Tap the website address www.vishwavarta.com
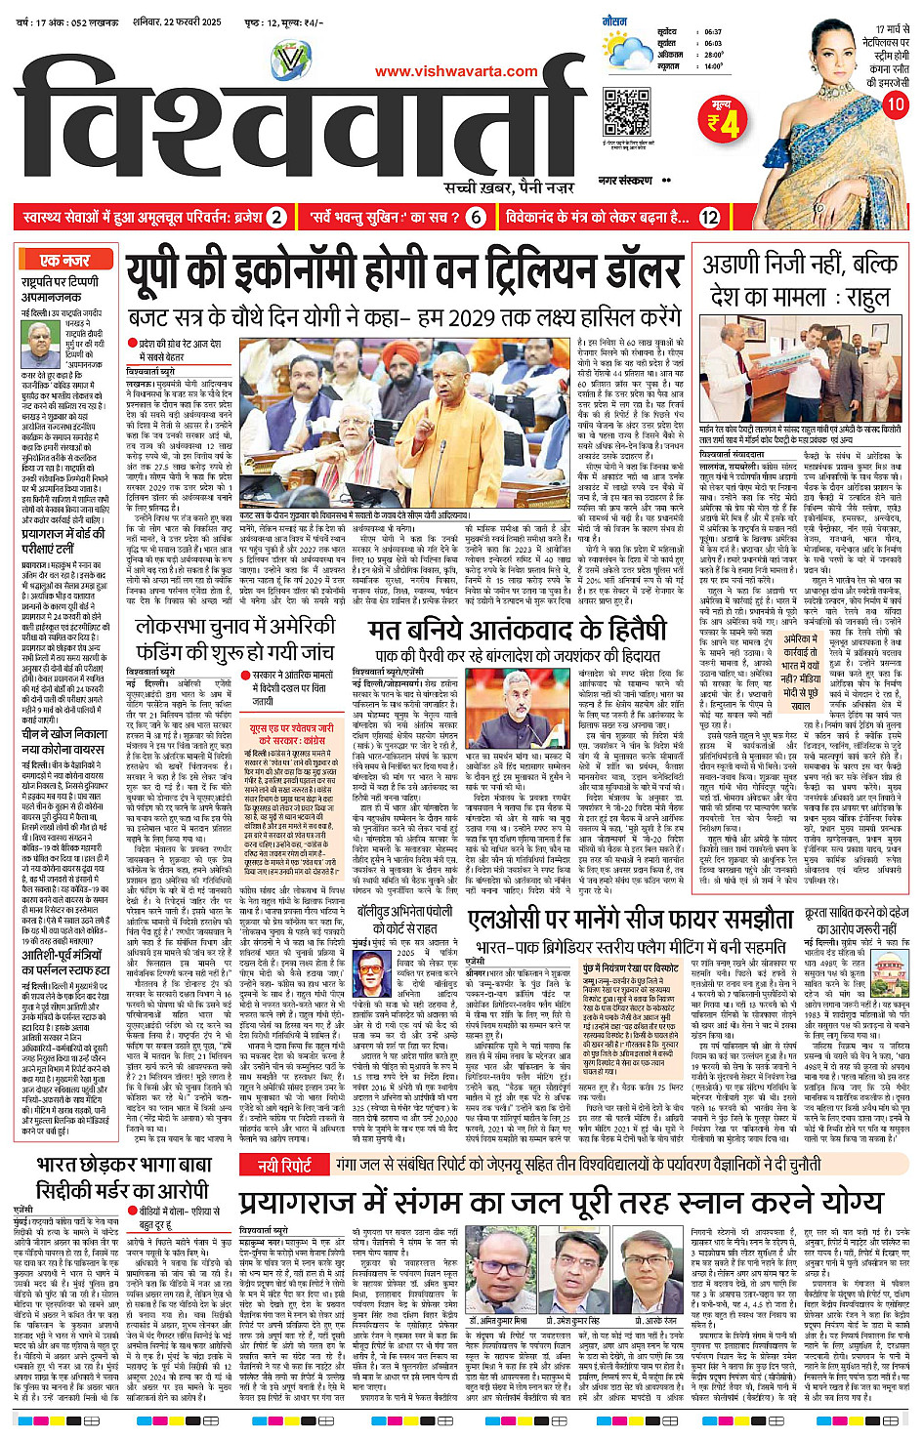[x=456, y=70]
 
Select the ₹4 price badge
[x=725, y=119]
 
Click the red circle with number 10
[x=894, y=104]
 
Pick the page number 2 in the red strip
[x=277, y=217]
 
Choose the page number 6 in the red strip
[x=477, y=217]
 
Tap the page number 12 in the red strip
[x=709, y=217]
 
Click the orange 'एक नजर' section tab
[x=64, y=260]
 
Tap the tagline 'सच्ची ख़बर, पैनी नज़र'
[x=508, y=187]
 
